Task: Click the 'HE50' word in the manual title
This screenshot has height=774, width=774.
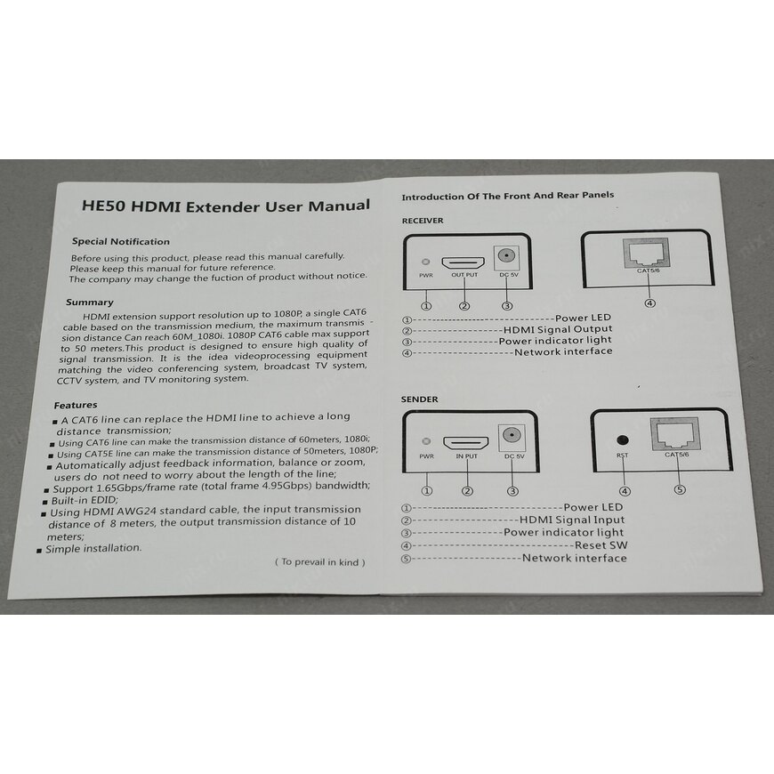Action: tap(105, 205)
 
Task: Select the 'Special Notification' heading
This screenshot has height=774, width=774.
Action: tap(121, 241)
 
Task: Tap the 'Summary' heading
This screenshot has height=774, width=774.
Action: tap(90, 302)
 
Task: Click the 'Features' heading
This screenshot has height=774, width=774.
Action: tap(76, 406)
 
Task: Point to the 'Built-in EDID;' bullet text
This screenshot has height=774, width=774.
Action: tap(85, 501)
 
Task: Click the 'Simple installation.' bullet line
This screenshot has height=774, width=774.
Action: tap(93, 548)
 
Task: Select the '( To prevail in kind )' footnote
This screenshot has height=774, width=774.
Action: tap(320, 561)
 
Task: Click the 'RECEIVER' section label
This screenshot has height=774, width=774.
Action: tap(423, 221)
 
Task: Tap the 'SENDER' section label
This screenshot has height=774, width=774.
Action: tap(420, 399)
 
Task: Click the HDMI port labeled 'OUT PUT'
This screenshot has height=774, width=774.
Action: tap(463, 262)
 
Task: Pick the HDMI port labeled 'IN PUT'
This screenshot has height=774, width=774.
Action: tap(466, 443)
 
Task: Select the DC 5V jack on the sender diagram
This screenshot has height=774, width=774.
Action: tap(512, 436)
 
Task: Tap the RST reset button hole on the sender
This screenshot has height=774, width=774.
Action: tap(623, 439)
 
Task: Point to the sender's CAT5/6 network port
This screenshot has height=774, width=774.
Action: tap(675, 434)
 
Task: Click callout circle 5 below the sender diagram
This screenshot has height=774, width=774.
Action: tap(681, 489)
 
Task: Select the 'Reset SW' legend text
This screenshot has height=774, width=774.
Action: tap(601, 545)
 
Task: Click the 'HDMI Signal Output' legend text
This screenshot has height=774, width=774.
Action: tap(558, 329)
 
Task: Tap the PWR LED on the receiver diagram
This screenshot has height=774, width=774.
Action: tap(425, 262)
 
